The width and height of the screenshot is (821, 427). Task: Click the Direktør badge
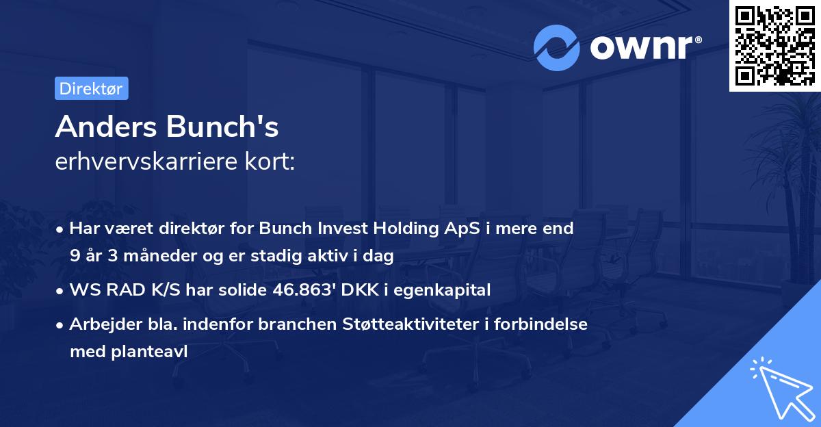click(x=91, y=88)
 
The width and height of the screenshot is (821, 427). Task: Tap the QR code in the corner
click(x=774, y=45)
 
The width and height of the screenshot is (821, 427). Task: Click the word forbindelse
click(x=545, y=324)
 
